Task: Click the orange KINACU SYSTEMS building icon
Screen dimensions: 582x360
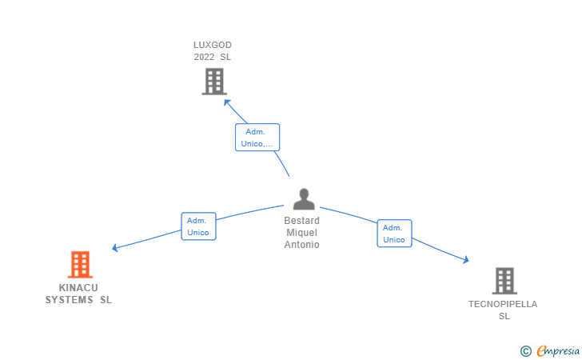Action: click(x=80, y=265)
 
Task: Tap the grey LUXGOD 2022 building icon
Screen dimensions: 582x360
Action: click(x=214, y=82)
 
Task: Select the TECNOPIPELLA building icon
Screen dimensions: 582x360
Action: click(x=504, y=281)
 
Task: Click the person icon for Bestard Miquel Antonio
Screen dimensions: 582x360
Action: click(x=304, y=199)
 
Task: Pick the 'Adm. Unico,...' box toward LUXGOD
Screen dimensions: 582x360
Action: click(x=257, y=138)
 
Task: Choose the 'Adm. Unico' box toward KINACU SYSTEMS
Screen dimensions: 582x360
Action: click(x=198, y=226)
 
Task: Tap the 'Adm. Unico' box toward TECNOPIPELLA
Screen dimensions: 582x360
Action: click(x=395, y=234)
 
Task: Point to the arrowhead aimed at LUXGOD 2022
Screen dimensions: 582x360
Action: click(x=226, y=102)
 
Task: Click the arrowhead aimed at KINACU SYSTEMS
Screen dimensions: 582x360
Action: click(x=114, y=248)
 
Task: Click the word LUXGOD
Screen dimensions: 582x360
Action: click(x=213, y=45)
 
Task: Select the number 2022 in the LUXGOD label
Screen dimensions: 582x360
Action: click(x=204, y=57)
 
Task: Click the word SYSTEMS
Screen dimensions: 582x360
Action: click(x=69, y=300)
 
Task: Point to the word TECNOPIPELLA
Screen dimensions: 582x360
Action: click(x=503, y=304)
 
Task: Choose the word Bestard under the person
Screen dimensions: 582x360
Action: click(x=301, y=221)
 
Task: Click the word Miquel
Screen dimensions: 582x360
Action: click(x=301, y=233)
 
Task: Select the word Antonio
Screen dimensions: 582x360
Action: click(x=301, y=245)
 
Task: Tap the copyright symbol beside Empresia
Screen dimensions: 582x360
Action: click(x=526, y=351)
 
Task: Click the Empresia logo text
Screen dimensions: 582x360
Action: click(x=558, y=350)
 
